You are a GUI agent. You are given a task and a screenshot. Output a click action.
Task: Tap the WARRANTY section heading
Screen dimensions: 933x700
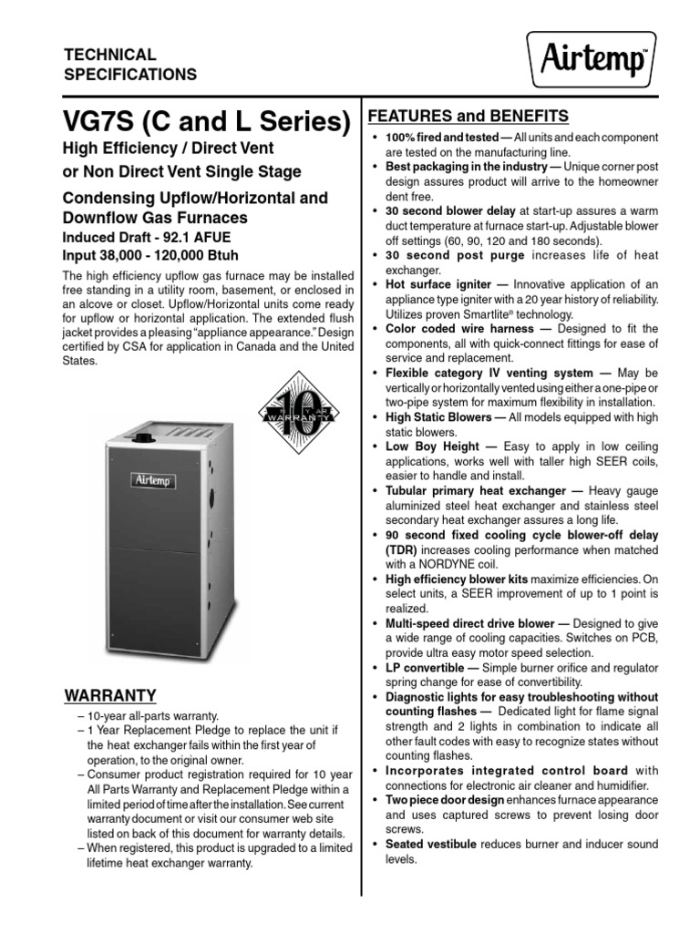110,696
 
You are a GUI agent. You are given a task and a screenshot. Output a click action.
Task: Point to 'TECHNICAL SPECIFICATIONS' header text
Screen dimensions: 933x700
129,65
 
